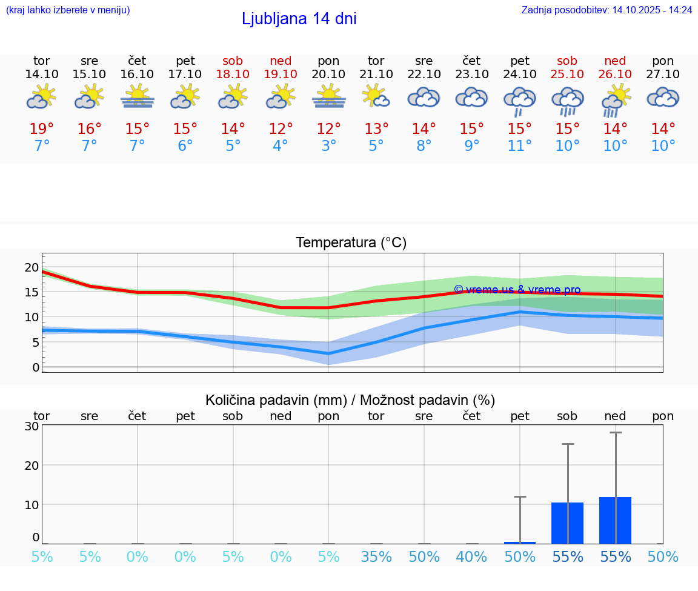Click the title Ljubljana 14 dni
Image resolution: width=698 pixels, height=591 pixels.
pyautogui.click(x=299, y=19)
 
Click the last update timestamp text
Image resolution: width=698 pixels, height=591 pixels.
pyautogui.click(x=607, y=10)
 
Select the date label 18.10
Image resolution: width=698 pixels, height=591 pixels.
pyautogui.click(x=233, y=74)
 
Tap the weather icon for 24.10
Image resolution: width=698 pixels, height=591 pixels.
pyautogui.click(x=519, y=99)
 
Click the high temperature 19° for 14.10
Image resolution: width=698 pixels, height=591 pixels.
pyautogui.click(x=42, y=129)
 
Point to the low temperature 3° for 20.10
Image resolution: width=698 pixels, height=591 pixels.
pyautogui.click(x=328, y=146)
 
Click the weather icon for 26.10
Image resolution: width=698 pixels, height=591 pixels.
pyautogui.click(x=615, y=99)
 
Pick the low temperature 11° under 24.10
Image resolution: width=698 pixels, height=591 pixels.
pyautogui.click(x=519, y=146)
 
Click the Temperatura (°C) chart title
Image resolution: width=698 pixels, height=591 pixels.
pyautogui.click(x=351, y=242)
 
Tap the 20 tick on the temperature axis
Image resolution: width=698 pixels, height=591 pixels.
pyautogui.click(x=32, y=267)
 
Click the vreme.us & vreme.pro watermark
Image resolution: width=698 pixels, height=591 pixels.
pyautogui.click(x=517, y=290)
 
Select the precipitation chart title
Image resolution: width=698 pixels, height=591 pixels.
pyautogui.click(x=350, y=400)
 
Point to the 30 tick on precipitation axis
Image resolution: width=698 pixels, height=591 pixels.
pyautogui.click(x=32, y=426)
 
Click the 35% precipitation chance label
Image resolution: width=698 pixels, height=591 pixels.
pyautogui.click(x=376, y=557)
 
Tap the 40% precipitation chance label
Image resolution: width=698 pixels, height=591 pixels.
pyautogui.click(x=471, y=557)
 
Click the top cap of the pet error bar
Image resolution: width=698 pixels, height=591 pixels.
pyautogui.click(x=519, y=497)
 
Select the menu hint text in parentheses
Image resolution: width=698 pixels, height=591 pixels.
pyautogui.click(x=68, y=10)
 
